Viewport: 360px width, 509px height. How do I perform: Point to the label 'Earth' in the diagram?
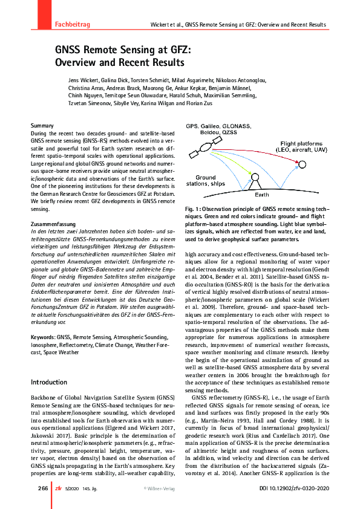[261, 195]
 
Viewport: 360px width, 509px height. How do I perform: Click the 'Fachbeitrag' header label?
[72, 24]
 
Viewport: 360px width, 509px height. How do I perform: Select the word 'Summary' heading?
[42, 125]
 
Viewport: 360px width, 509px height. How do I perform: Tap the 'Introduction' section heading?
[49, 382]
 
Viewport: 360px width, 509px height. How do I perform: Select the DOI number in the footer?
[296, 488]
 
